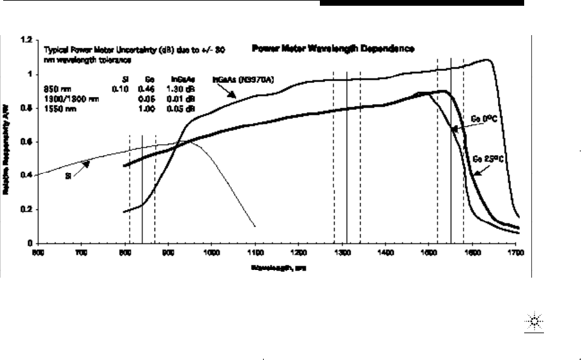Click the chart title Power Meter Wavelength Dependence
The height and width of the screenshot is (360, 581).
point(334,48)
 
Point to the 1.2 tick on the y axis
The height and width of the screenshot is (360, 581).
point(27,40)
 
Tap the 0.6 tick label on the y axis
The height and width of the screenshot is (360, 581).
point(27,142)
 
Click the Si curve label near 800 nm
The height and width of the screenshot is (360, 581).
point(68,176)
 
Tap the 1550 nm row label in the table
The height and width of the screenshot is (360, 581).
point(56,109)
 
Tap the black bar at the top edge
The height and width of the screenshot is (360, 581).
point(421,3)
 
